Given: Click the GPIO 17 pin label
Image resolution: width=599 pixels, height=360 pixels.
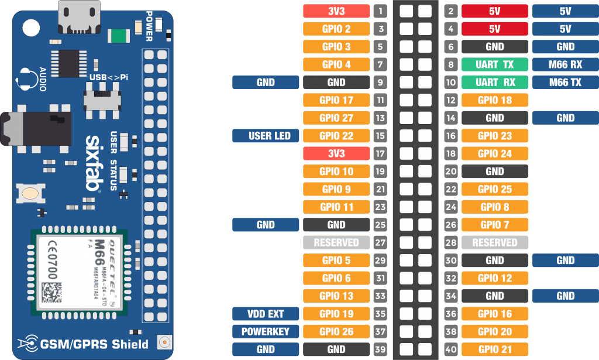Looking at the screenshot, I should click(x=336, y=100).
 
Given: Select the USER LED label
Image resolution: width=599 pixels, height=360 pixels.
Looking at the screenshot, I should click(x=266, y=136).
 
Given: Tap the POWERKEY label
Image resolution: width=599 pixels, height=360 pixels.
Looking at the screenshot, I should click(x=266, y=331).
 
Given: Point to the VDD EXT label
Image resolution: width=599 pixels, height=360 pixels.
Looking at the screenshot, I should click(x=266, y=314).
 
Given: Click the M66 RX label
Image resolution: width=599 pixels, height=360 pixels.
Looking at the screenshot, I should click(x=565, y=64).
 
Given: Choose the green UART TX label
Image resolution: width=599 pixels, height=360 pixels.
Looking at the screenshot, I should click(x=495, y=64).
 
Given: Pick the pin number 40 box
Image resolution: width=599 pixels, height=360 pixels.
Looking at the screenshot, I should click(x=450, y=349).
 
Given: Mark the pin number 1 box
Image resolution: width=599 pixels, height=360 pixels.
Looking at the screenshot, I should click(x=381, y=11).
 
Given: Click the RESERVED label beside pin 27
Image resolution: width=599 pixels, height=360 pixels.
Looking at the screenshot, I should click(x=336, y=242).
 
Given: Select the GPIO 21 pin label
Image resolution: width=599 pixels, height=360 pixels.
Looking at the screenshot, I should click(x=495, y=349).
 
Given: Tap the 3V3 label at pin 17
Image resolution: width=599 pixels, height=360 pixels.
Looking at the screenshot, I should click(x=336, y=153).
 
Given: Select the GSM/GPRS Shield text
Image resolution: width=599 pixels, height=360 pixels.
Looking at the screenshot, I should click(x=94, y=344).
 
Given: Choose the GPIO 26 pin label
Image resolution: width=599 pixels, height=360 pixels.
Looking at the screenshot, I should click(x=336, y=331).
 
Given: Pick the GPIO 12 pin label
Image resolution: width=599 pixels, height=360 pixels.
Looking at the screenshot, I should click(x=495, y=278).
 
